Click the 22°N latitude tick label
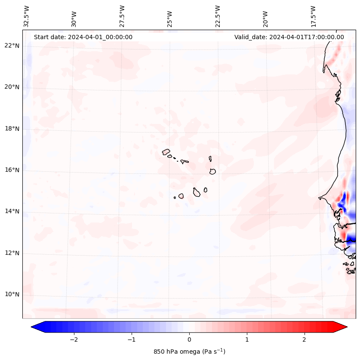pyautogui.click(x=12, y=46)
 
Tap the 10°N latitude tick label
pyautogui.click(x=12, y=295)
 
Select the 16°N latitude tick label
pyautogui.click(x=12, y=170)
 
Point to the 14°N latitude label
pyautogui.click(x=12, y=211)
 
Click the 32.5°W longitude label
pyautogui.click(x=27, y=16)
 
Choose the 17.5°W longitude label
pyautogui.click(x=314, y=16)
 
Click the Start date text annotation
pyautogui.click(x=83, y=37)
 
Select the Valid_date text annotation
pyautogui.click(x=289, y=37)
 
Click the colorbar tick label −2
pyautogui.click(x=74, y=339)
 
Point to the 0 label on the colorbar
pyautogui.click(x=189, y=339)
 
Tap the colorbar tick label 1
pyautogui.click(x=247, y=339)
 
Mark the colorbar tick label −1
pyautogui.click(x=131, y=339)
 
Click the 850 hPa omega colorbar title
pyautogui.click(x=189, y=352)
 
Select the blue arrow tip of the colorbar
pyautogui.click(x=36, y=327)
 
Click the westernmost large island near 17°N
pyautogui.click(x=166, y=152)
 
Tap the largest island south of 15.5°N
pyautogui.click(x=197, y=192)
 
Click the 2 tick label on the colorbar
pyautogui.click(x=305, y=339)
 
